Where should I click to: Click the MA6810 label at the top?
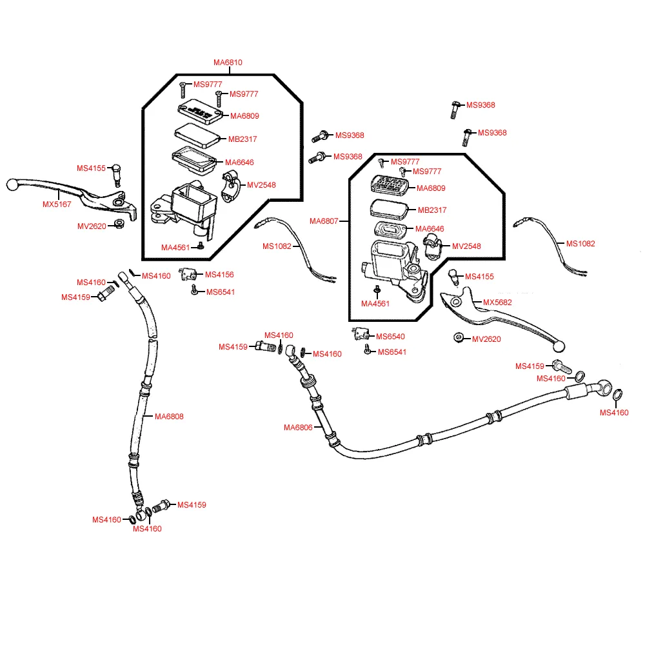coord(228,63)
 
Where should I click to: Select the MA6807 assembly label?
coord(324,221)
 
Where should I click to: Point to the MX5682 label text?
coord(497,302)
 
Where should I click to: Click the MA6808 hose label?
coord(169,417)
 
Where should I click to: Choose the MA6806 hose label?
coord(298,427)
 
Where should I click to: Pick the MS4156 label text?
coord(219,274)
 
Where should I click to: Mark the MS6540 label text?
coord(392,337)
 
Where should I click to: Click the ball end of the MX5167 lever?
coord(12,185)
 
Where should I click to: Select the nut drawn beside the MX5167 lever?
coord(119,224)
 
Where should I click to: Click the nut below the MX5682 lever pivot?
coord(458,338)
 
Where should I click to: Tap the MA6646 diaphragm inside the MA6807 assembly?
coord(390,230)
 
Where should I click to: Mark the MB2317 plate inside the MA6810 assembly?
coord(198,135)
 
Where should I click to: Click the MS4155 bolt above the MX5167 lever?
coord(117,173)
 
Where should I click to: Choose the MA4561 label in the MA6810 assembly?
coord(175,247)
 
